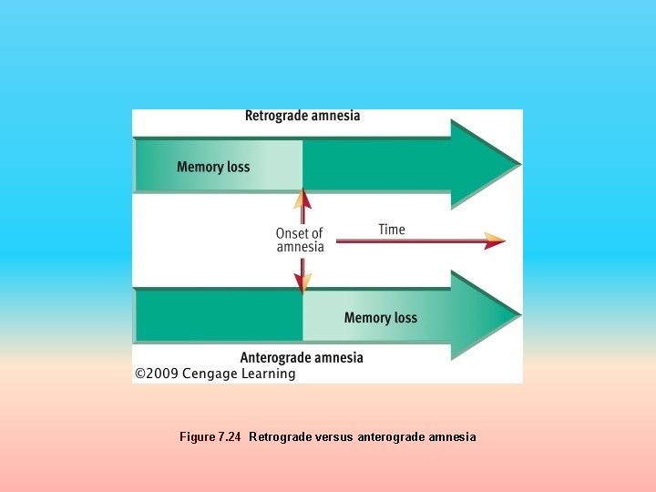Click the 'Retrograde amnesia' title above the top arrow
(x=302, y=116)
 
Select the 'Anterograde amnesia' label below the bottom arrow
(x=302, y=357)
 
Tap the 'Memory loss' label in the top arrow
(x=213, y=167)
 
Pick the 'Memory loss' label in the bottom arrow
(x=380, y=318)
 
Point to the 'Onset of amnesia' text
(x=300, y=241)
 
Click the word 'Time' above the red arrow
(x=392, y=230)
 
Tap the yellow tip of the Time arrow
(x=495, y=241)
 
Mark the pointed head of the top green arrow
(x=487, y=165)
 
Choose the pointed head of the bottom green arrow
(x=487, y=316)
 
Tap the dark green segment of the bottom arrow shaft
(x=219, y=316)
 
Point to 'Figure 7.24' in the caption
(x=210, y=437)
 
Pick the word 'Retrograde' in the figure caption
(x=279, y=437)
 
